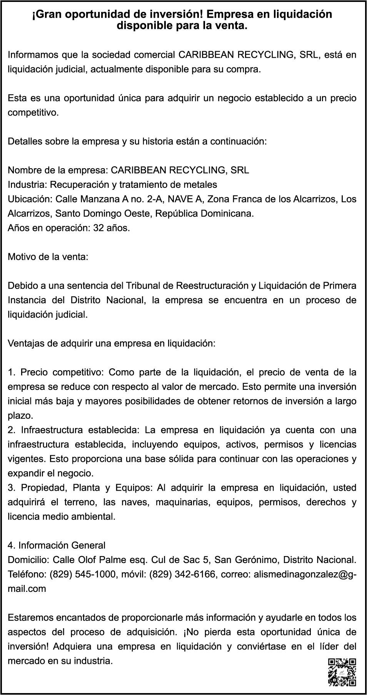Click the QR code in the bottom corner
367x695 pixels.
point(342,672)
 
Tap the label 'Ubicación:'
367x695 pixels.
point(30,199)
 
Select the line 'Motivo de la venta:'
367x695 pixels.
point(48,257)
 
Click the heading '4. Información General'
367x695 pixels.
point(57,545)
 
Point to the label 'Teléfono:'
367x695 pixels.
point(27,574)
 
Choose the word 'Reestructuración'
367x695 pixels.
point(212,286)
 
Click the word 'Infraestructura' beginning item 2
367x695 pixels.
point(52,430)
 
